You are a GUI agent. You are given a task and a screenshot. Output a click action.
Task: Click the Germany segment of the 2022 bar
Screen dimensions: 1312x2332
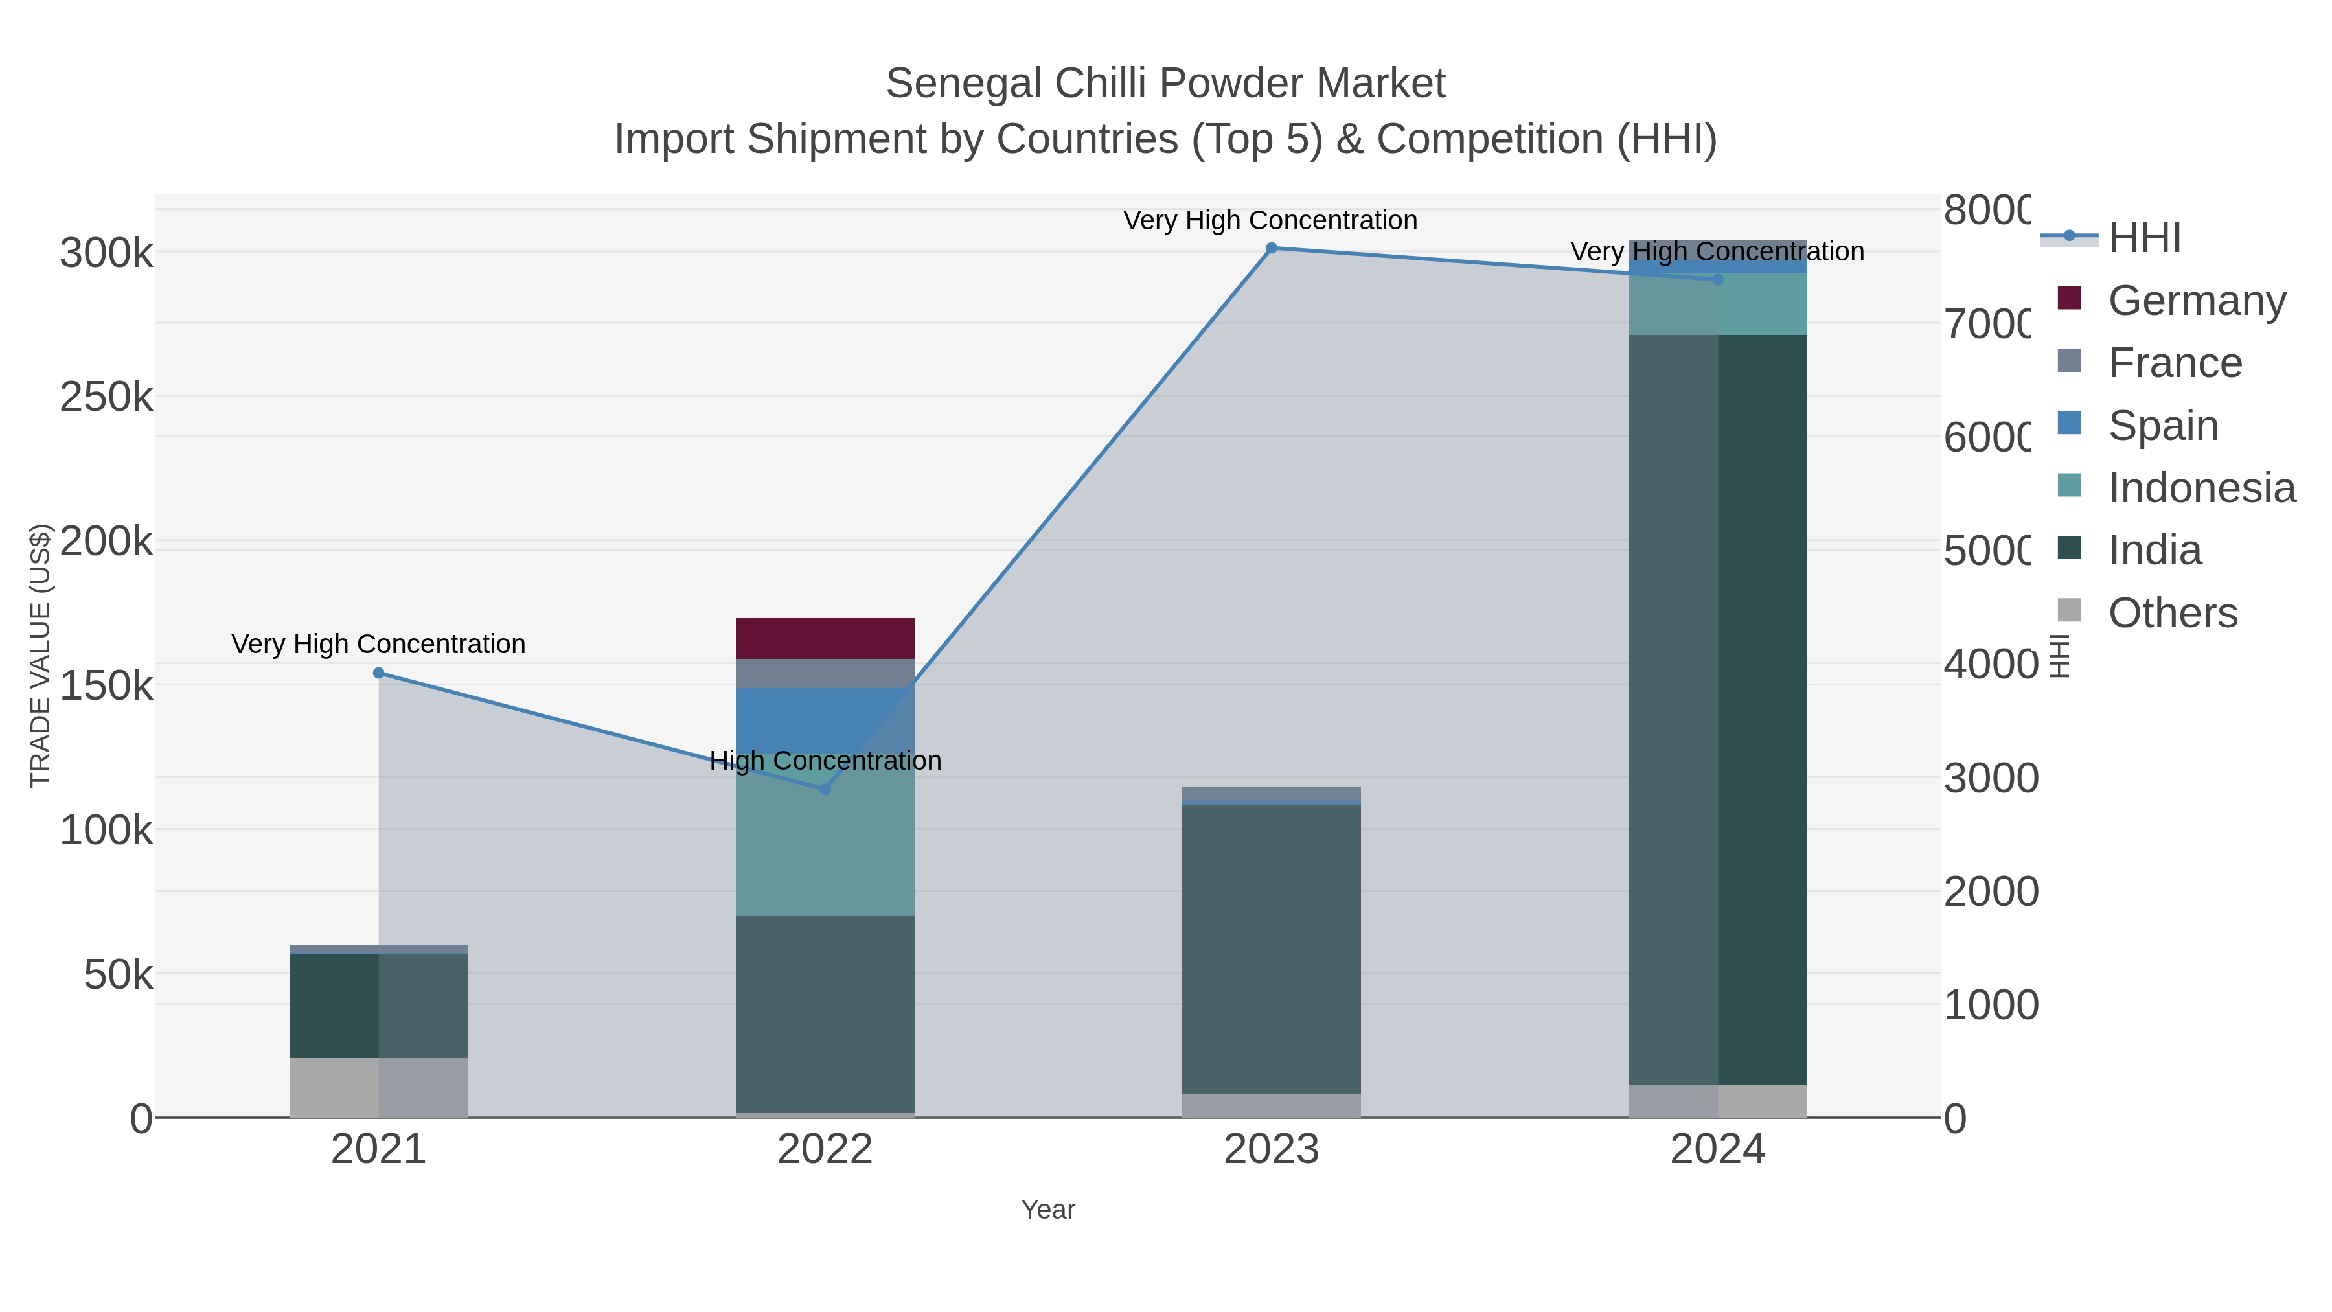[x=825, y=638]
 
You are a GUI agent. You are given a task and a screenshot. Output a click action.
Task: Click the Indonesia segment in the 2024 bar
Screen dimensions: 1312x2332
[x=1717, y=305]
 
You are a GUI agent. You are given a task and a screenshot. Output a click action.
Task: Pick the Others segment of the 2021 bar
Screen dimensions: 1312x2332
[x=378, y=1087]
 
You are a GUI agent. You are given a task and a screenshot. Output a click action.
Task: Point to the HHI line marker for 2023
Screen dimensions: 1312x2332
[x=1271, y=248]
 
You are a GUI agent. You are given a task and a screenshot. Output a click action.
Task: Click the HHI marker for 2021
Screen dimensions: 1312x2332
[x=378, y=673]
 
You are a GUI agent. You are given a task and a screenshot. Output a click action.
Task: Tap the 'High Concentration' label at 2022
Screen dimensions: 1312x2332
[x=825, y=761]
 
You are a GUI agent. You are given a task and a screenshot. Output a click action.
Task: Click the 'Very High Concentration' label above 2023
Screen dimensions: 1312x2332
[x=1270, y=221]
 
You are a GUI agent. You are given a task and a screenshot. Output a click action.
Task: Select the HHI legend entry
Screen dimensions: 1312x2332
[x=2143, y=238]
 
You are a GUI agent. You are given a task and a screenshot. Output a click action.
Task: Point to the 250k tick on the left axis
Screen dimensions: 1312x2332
[x=106, y=397]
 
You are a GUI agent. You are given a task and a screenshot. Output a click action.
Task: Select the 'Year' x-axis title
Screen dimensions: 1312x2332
[x=1047, y=1210]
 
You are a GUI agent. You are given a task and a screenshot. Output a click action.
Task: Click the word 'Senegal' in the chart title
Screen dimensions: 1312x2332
[x=963, y=84]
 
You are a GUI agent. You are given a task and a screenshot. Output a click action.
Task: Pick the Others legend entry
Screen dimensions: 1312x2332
[x=2172, y=613]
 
